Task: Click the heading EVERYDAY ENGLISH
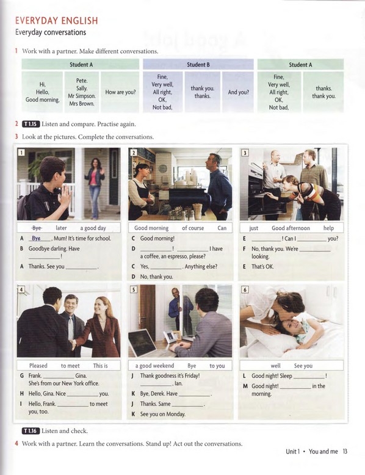pos(56,21)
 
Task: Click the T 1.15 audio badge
pos(31,124)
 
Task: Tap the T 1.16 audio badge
pos(31,430)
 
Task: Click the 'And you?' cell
pos(238,93)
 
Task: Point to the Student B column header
pos(198,65)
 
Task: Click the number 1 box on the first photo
pos(21,153)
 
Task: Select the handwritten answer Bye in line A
pos(40,238)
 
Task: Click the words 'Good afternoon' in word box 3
pos(291,228)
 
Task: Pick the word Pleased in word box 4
pos(38,366)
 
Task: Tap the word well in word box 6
pos(276,366)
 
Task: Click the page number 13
pos(345,452)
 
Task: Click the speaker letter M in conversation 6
pos(244,386)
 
